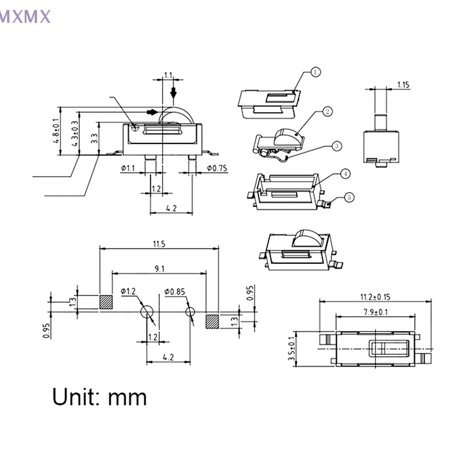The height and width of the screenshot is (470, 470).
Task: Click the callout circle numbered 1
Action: tap(315, 72)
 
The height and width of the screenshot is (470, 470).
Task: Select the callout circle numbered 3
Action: tap(336, 145)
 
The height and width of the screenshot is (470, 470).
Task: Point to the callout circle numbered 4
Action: tap(345, 174)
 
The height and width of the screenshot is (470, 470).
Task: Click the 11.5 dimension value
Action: tap(159, 243)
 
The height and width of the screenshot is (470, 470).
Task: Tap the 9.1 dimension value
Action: tap(159, 268)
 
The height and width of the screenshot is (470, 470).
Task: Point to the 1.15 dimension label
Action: tap(403, 85)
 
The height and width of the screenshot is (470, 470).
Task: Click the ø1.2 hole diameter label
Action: tap(128, 291)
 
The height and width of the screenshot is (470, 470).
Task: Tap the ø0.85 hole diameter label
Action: tap(175, 291)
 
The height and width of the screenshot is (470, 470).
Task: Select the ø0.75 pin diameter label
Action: tap(217, 169)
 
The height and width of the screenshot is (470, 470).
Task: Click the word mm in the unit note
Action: tap(127, 397)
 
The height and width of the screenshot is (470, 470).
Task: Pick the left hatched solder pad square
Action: tap(106, 302)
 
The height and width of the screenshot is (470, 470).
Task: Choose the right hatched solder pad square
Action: tap(212, 321)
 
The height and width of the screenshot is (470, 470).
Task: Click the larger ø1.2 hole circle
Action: tap(147, 311)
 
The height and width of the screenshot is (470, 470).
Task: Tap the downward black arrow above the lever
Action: tap(173, 92)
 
